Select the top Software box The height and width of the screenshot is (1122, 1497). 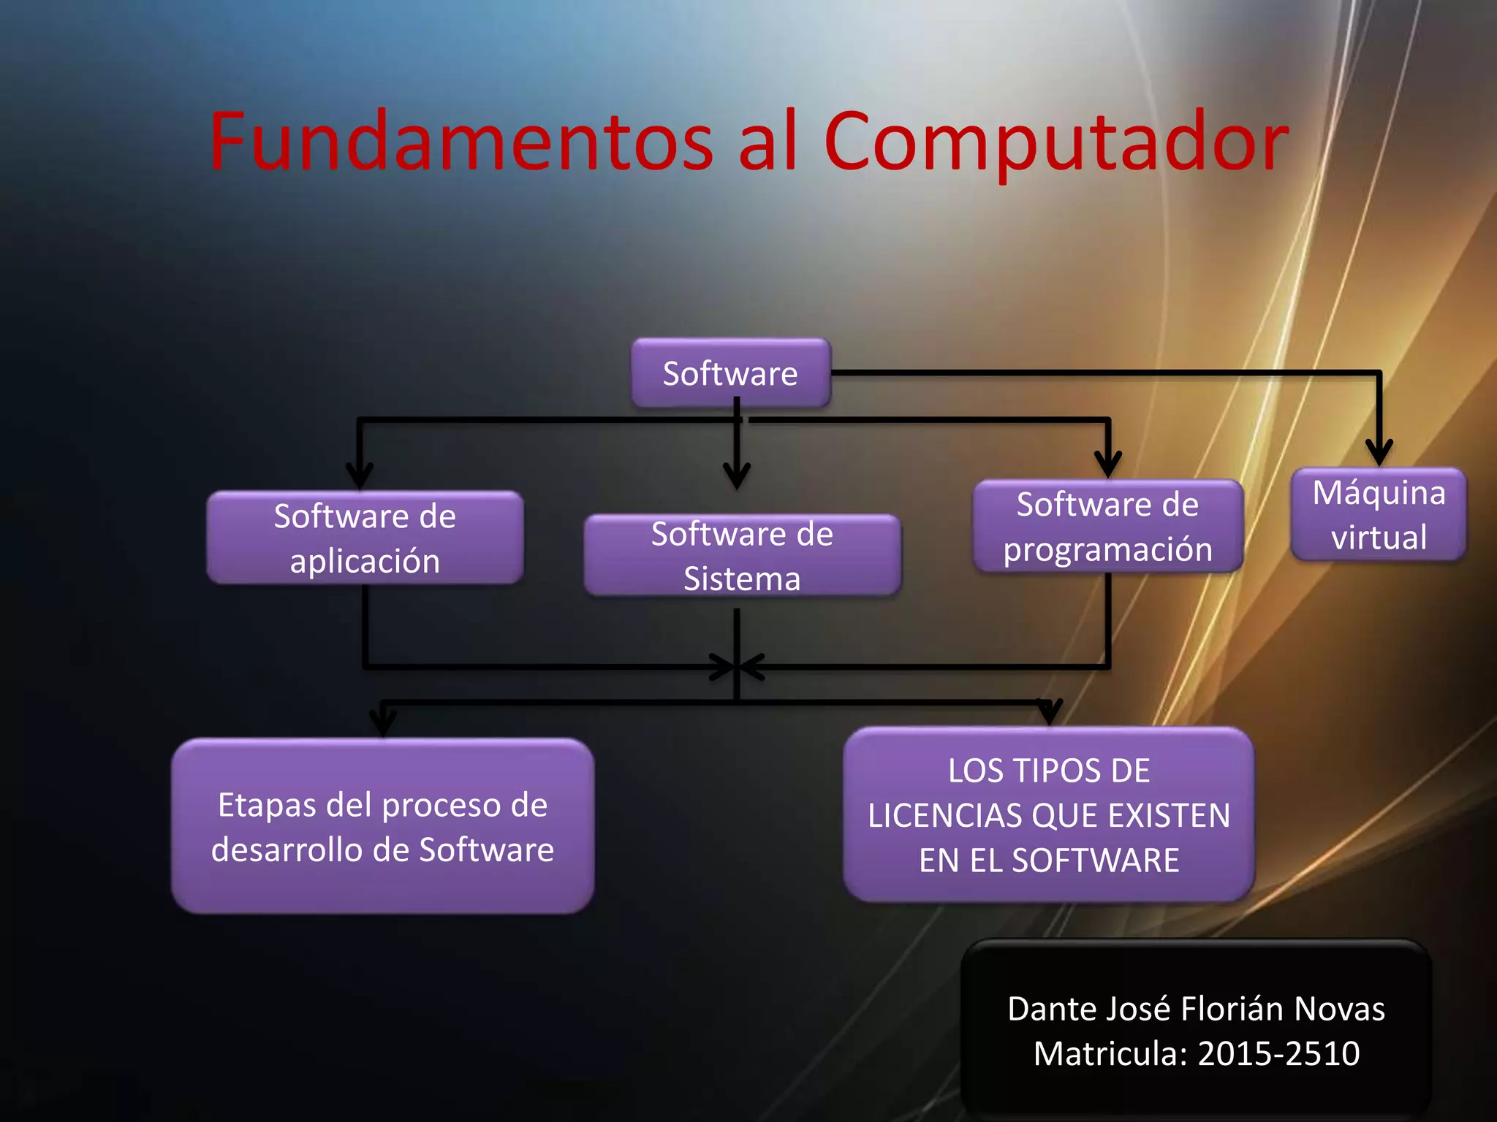click(x=730, y=373)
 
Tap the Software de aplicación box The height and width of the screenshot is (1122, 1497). click(x=365, y=538)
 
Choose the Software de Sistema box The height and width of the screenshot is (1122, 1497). click(x=742, y=556)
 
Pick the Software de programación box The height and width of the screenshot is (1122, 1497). click(x=1107, y=526)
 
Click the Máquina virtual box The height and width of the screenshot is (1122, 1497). click(x=1379, y=514)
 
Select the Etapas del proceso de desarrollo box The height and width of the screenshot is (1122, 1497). click(x=382, y=826)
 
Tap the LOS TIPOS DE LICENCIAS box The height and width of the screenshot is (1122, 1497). click(x=1049, y=815)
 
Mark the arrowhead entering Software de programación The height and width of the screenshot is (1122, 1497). click(x=1108, y=465)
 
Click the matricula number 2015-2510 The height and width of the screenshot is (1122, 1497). click(x=1278, y=1053)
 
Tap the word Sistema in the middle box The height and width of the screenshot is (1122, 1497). click(x=742, y=579)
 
